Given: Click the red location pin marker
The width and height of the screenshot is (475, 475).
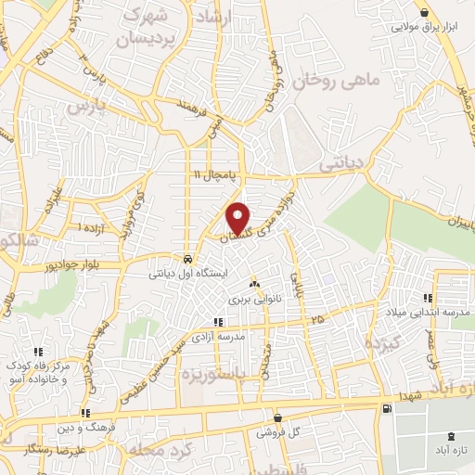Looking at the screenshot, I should click(239, 218).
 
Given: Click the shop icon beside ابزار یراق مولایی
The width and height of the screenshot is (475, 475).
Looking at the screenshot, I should click(425, 12).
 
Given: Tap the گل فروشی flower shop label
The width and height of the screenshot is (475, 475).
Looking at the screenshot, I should click(282, 432).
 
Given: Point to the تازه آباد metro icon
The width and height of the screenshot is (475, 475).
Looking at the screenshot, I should click(452, 435).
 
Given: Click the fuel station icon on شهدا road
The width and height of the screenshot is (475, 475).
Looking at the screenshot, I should click(385, 407).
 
